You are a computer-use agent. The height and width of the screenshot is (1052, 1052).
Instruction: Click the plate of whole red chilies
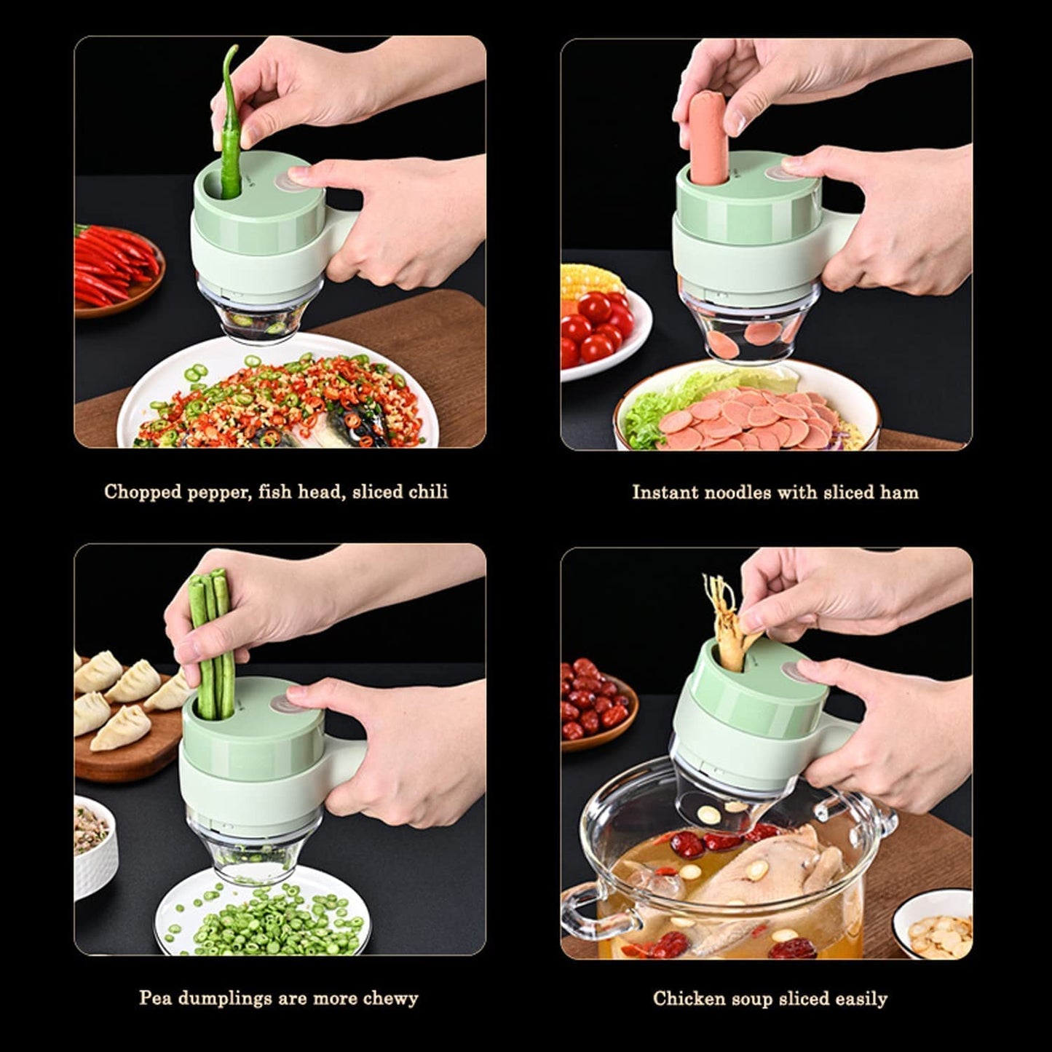click(116, 268)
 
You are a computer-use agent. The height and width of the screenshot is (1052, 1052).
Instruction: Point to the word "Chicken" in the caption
click(684, 998)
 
